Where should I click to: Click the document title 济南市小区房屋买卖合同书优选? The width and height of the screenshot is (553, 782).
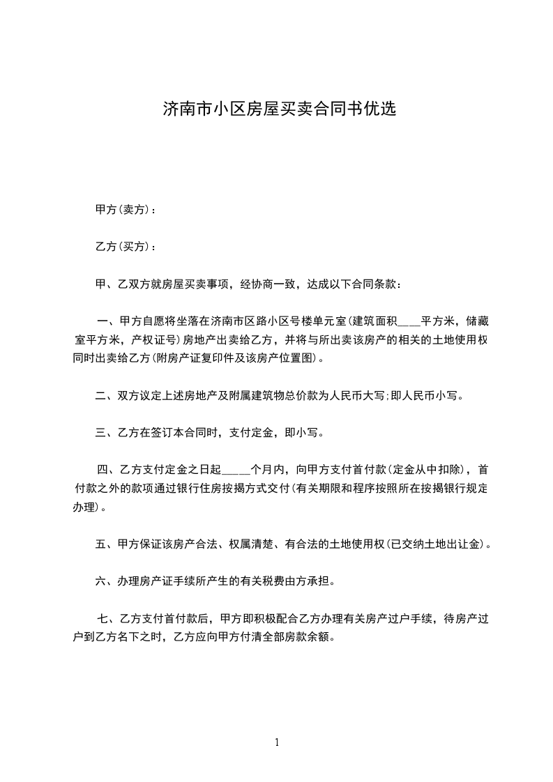[279, 109]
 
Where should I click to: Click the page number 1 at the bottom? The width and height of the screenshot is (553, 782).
[277, 742]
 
